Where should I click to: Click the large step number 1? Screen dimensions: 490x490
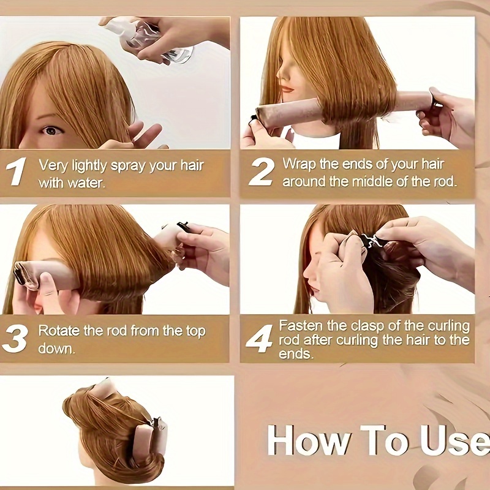17,171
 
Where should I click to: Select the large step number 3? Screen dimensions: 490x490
15,339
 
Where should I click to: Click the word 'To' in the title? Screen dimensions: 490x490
385,440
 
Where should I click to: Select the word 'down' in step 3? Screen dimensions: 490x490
56,349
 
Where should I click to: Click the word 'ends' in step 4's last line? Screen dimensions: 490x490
295,354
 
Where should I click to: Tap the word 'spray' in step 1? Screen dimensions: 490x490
129,166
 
